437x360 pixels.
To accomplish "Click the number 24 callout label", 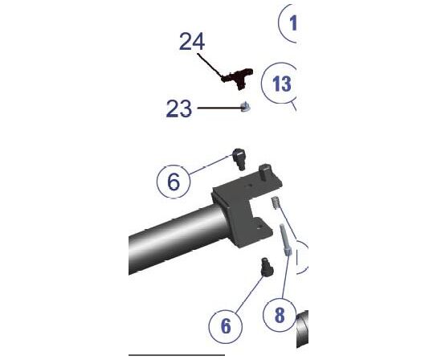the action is click(192, 41).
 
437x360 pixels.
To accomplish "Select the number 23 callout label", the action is click(179, 108).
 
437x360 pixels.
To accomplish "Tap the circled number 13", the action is click(280, 83).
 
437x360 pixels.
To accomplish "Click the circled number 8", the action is click(280, 315).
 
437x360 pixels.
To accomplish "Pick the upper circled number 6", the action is click(174, 182).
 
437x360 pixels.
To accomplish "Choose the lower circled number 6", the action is click(226, 326).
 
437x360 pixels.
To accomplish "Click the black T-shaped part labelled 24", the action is click(238, 78).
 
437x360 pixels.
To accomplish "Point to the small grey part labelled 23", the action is click(245, 107).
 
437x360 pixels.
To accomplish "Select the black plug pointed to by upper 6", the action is click(239, 159).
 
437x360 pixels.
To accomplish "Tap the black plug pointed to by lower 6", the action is click(267, 267).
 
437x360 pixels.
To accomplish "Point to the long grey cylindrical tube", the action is click(178, 239).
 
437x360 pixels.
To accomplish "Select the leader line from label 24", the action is click(210, 66).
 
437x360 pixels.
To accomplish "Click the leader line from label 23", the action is click(219, 108).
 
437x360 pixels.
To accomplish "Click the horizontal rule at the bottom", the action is click(177, 355).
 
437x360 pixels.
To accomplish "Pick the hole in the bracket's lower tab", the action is click(259, 227).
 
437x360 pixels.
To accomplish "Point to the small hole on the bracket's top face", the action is click(249, 185).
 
